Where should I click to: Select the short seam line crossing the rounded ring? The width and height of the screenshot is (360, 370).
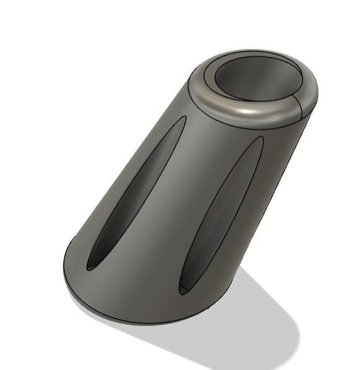tap(301, 106)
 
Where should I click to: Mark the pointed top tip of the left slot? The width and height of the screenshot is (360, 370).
tap(184, 117)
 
